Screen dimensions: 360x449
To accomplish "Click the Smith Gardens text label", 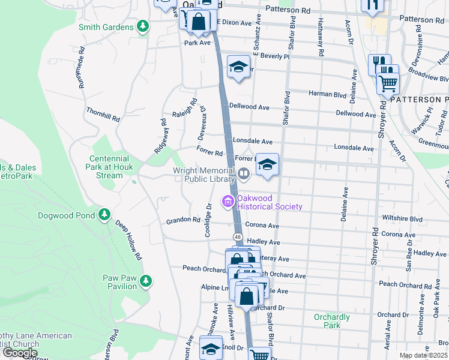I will pyautogui.click(x=106, y=27).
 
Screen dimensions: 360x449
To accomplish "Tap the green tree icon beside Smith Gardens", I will pyautogui.click(x=142, y=26).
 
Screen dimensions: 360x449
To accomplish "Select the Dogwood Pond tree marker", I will pyautogui.click(x=104, y=214).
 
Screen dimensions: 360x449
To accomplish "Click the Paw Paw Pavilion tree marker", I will pyautogui.click(x=145, y=280).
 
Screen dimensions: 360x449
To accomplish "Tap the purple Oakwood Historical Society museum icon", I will pyautogui.click(x=228, y=202).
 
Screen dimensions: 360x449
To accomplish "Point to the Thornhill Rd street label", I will pyautogui.click(x=102, y=115).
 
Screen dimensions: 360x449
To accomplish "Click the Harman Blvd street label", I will pyautogui.click(x=328, y=94).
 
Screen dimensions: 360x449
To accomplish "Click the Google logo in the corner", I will pyautogui.click(x=20, y=353).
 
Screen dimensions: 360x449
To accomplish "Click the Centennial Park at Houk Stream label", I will pyautogui.click(x=101, y=167).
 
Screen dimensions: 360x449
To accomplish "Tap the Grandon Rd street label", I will pyautogui.click(x=183, y=220).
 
